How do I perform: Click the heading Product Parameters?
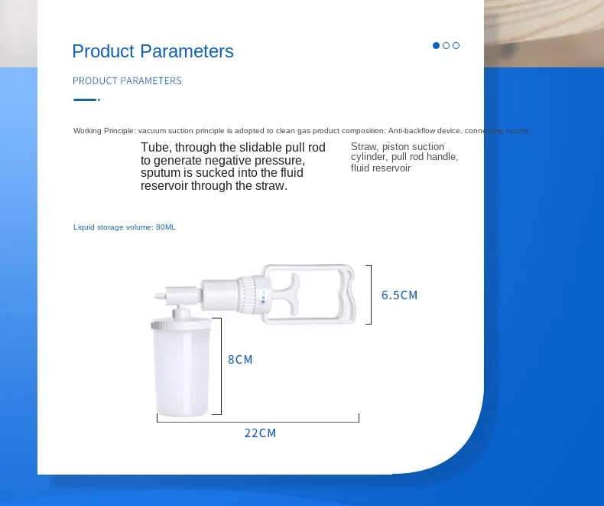[x=153, y=51]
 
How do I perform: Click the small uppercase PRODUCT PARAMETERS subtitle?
[x=127, y=80]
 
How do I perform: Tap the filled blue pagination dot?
[x=436, y=45]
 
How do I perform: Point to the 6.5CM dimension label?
[x=399, y=295]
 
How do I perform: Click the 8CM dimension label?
[x=240, y=359]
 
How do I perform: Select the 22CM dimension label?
[x=260, y=433]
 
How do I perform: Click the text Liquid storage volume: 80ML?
[x=125, y=227]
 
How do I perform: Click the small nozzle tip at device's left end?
[x=159, y=293]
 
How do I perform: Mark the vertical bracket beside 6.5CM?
[x=370, y=295]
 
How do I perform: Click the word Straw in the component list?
[x=364, y=146]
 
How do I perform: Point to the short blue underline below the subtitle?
[x=86, y=100]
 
